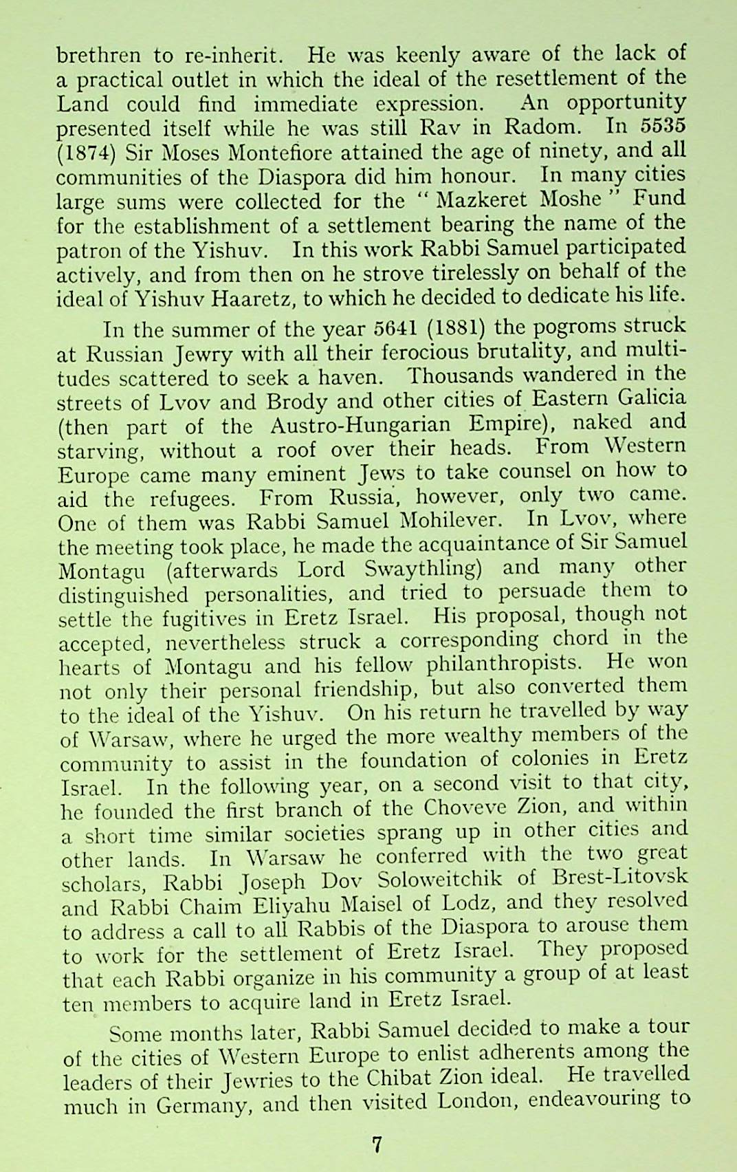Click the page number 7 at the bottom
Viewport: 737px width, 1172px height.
click(376, 1144)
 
